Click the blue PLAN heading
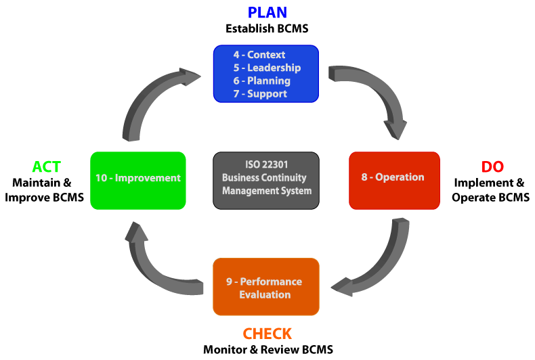[267, 12]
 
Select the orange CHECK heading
[267, 334]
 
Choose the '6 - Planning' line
[263, 81]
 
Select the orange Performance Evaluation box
[265, 287]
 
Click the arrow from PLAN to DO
[379, 95]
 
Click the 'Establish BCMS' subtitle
[267, 29]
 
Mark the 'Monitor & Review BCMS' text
[267, 350]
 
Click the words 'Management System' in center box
[266, 190]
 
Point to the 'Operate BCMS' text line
[492, 197]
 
